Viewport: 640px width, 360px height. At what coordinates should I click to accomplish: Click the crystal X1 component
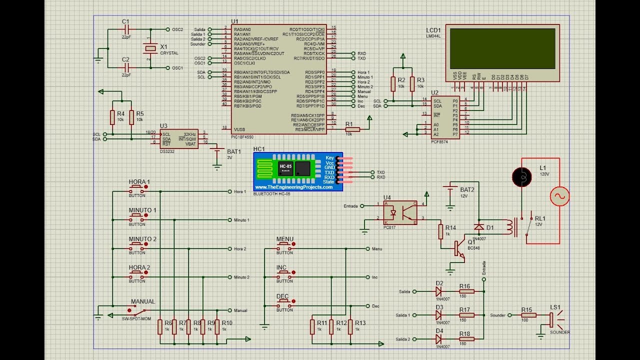150,48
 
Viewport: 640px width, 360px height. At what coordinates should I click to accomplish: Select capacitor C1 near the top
126,29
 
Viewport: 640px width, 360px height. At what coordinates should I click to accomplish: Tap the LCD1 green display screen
502,48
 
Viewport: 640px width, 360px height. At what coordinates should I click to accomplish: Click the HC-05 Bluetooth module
298,171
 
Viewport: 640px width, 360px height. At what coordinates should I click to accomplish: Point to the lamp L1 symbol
522,177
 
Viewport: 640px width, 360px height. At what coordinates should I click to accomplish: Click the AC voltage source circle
559,196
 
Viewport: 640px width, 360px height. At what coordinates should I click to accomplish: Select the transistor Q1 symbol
458,248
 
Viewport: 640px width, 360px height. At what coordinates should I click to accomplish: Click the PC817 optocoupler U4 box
400,212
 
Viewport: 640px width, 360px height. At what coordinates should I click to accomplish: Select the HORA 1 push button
138,188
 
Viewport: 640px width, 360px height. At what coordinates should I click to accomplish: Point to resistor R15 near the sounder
528,315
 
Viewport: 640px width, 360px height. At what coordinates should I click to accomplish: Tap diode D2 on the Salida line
438,291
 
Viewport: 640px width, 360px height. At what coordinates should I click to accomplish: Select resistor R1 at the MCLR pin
352,129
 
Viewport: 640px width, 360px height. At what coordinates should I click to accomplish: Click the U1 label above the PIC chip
234,21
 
